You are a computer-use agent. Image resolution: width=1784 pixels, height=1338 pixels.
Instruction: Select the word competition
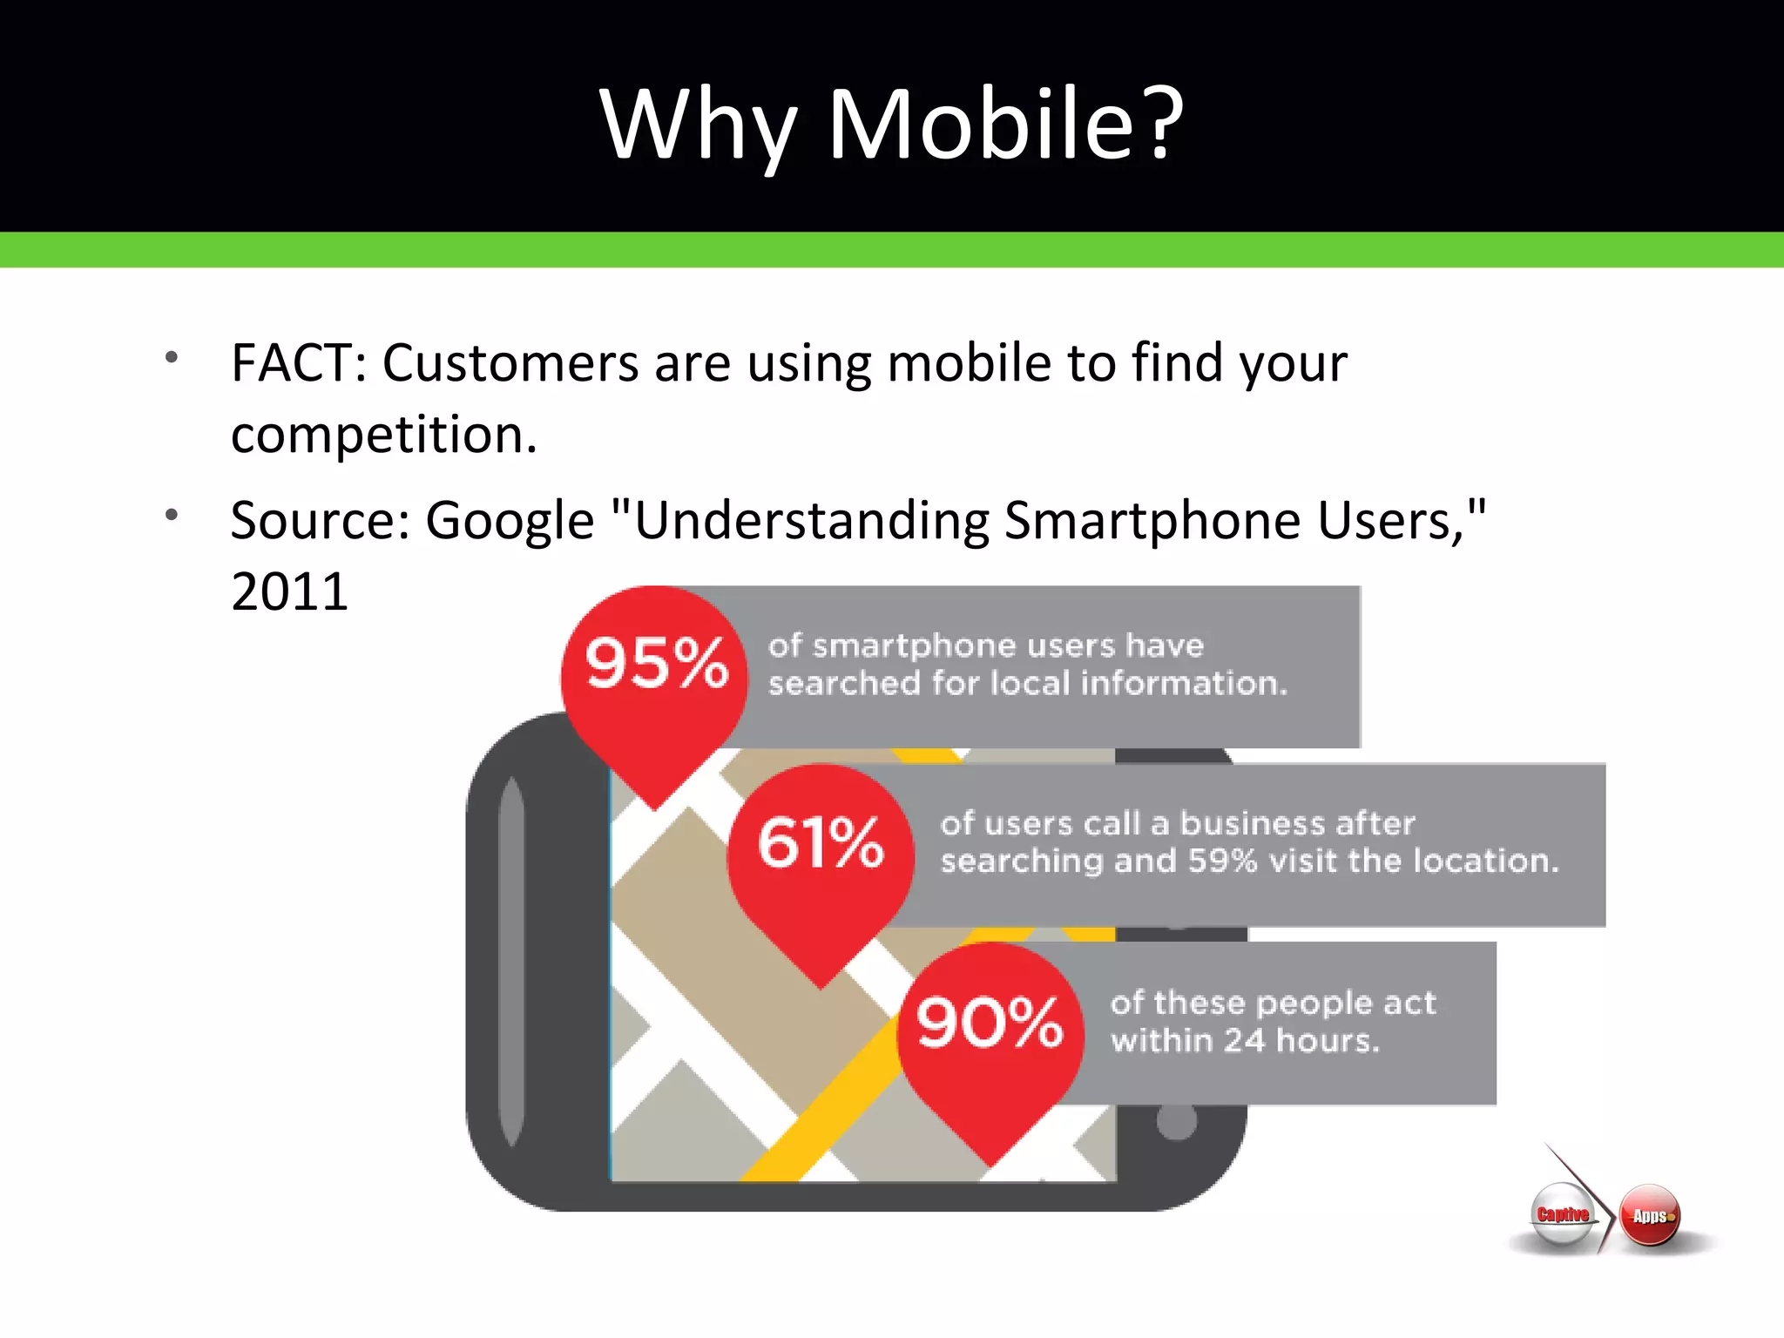click(x=383, y=435)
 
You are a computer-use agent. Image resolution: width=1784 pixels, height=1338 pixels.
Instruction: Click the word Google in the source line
click(x=510, y=521)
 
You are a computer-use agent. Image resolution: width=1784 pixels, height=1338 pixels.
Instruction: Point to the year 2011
click(x=289, y=592)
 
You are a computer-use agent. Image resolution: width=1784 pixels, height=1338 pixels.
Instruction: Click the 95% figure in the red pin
click(x=655, y=664)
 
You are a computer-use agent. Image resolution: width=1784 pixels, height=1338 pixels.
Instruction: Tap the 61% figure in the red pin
click(x=821, y=842)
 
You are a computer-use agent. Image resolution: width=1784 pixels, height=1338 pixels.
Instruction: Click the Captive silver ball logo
click(x=1562, y=1215)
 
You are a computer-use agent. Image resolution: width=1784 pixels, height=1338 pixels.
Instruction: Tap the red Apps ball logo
click(x=1650, y=1216)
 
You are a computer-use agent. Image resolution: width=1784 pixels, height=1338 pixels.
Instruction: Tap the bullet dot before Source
click(x=172, y=515)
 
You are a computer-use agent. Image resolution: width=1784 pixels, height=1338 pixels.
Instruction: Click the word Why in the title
click(x=698, y=126)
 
